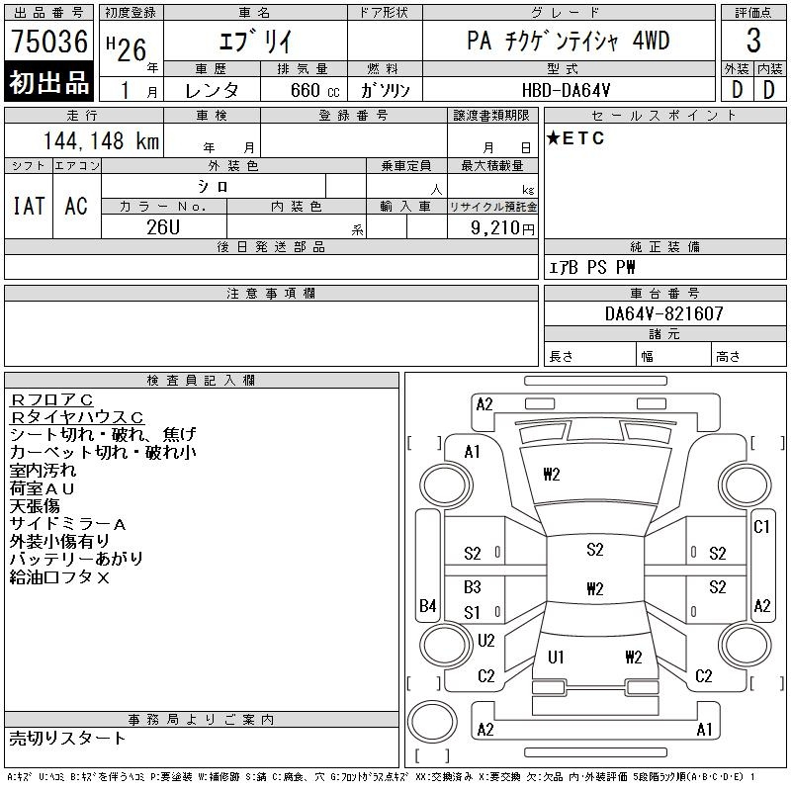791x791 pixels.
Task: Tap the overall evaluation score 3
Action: tap(753, 42)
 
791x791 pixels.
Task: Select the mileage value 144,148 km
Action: tap(101, 141)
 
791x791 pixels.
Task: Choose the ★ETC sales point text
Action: tap(575, 138)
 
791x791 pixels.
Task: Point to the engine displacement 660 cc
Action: tap(302, 89)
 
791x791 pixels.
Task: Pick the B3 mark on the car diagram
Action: tap(473, 587)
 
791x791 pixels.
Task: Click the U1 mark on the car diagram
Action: tap(556, 657)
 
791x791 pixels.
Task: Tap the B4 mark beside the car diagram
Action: tap(427, 605)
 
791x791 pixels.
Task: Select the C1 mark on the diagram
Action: tap(761, 527)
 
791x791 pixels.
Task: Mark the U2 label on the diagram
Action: tap(485, 641)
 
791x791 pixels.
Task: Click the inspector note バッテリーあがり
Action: tap(76, 559)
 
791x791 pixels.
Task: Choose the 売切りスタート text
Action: tap(67, 738)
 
